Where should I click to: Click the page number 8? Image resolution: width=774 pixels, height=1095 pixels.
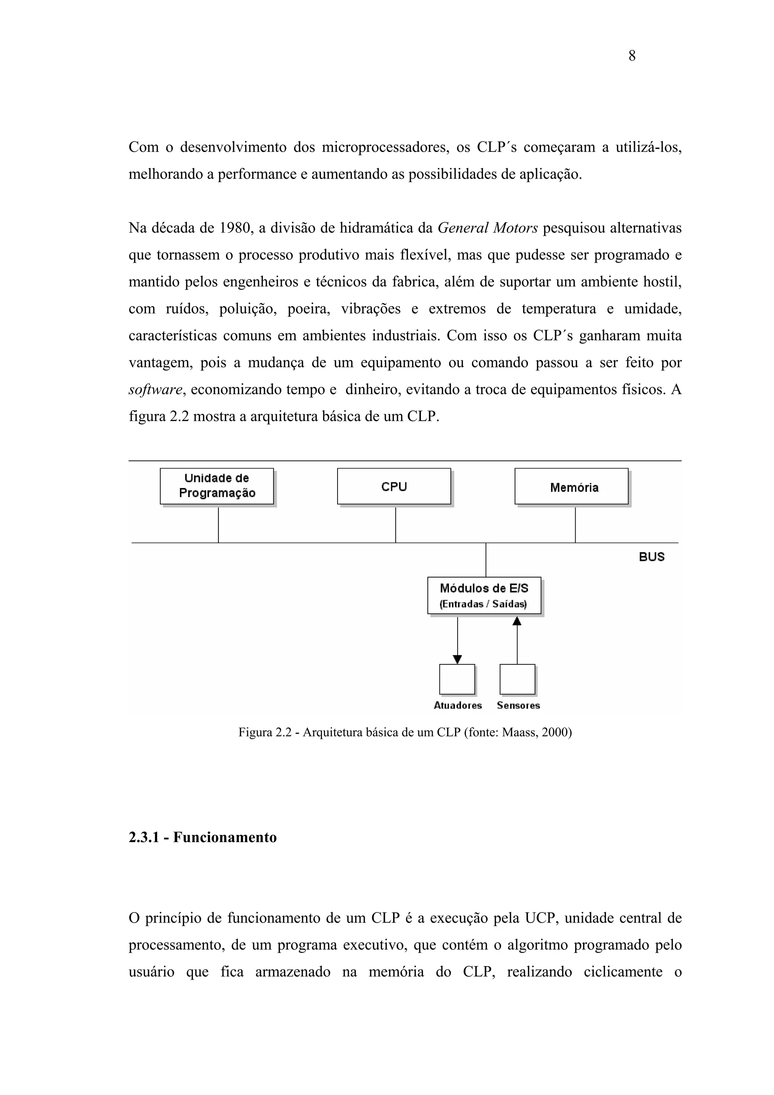(632, 56)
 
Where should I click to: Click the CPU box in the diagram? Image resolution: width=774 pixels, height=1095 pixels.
(394, 486)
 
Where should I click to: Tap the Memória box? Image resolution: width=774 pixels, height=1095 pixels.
(572, 486)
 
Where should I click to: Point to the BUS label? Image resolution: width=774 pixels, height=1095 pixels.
(652, 556)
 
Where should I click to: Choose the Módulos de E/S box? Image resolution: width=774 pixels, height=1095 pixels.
(484, 595)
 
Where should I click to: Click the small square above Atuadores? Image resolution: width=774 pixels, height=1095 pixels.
(457, 679)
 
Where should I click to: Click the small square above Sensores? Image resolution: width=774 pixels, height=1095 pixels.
(517, 679)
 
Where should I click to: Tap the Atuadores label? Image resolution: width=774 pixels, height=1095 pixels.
(458, 705)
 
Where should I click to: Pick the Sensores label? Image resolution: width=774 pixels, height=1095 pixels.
(519, 705)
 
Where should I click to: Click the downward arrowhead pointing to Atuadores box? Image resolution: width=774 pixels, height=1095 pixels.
(457, 660)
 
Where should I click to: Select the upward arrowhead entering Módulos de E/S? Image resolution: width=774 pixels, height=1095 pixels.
(517, 621)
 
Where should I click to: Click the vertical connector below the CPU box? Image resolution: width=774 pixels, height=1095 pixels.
(395, 524)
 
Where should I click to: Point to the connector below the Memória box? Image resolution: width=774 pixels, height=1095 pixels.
(575, 524)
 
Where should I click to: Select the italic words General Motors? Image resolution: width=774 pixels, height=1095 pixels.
(488, 228)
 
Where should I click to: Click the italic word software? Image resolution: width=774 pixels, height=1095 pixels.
(155, 390)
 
